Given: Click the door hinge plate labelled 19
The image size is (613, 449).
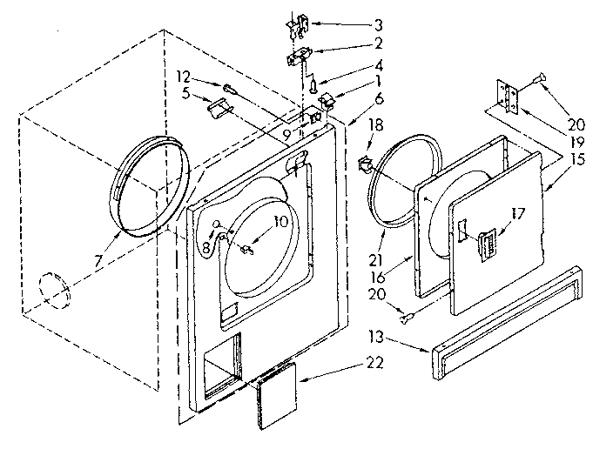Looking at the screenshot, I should click(x=507, y=97).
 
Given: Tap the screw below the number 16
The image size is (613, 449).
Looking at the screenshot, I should click(x=405, y=317).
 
